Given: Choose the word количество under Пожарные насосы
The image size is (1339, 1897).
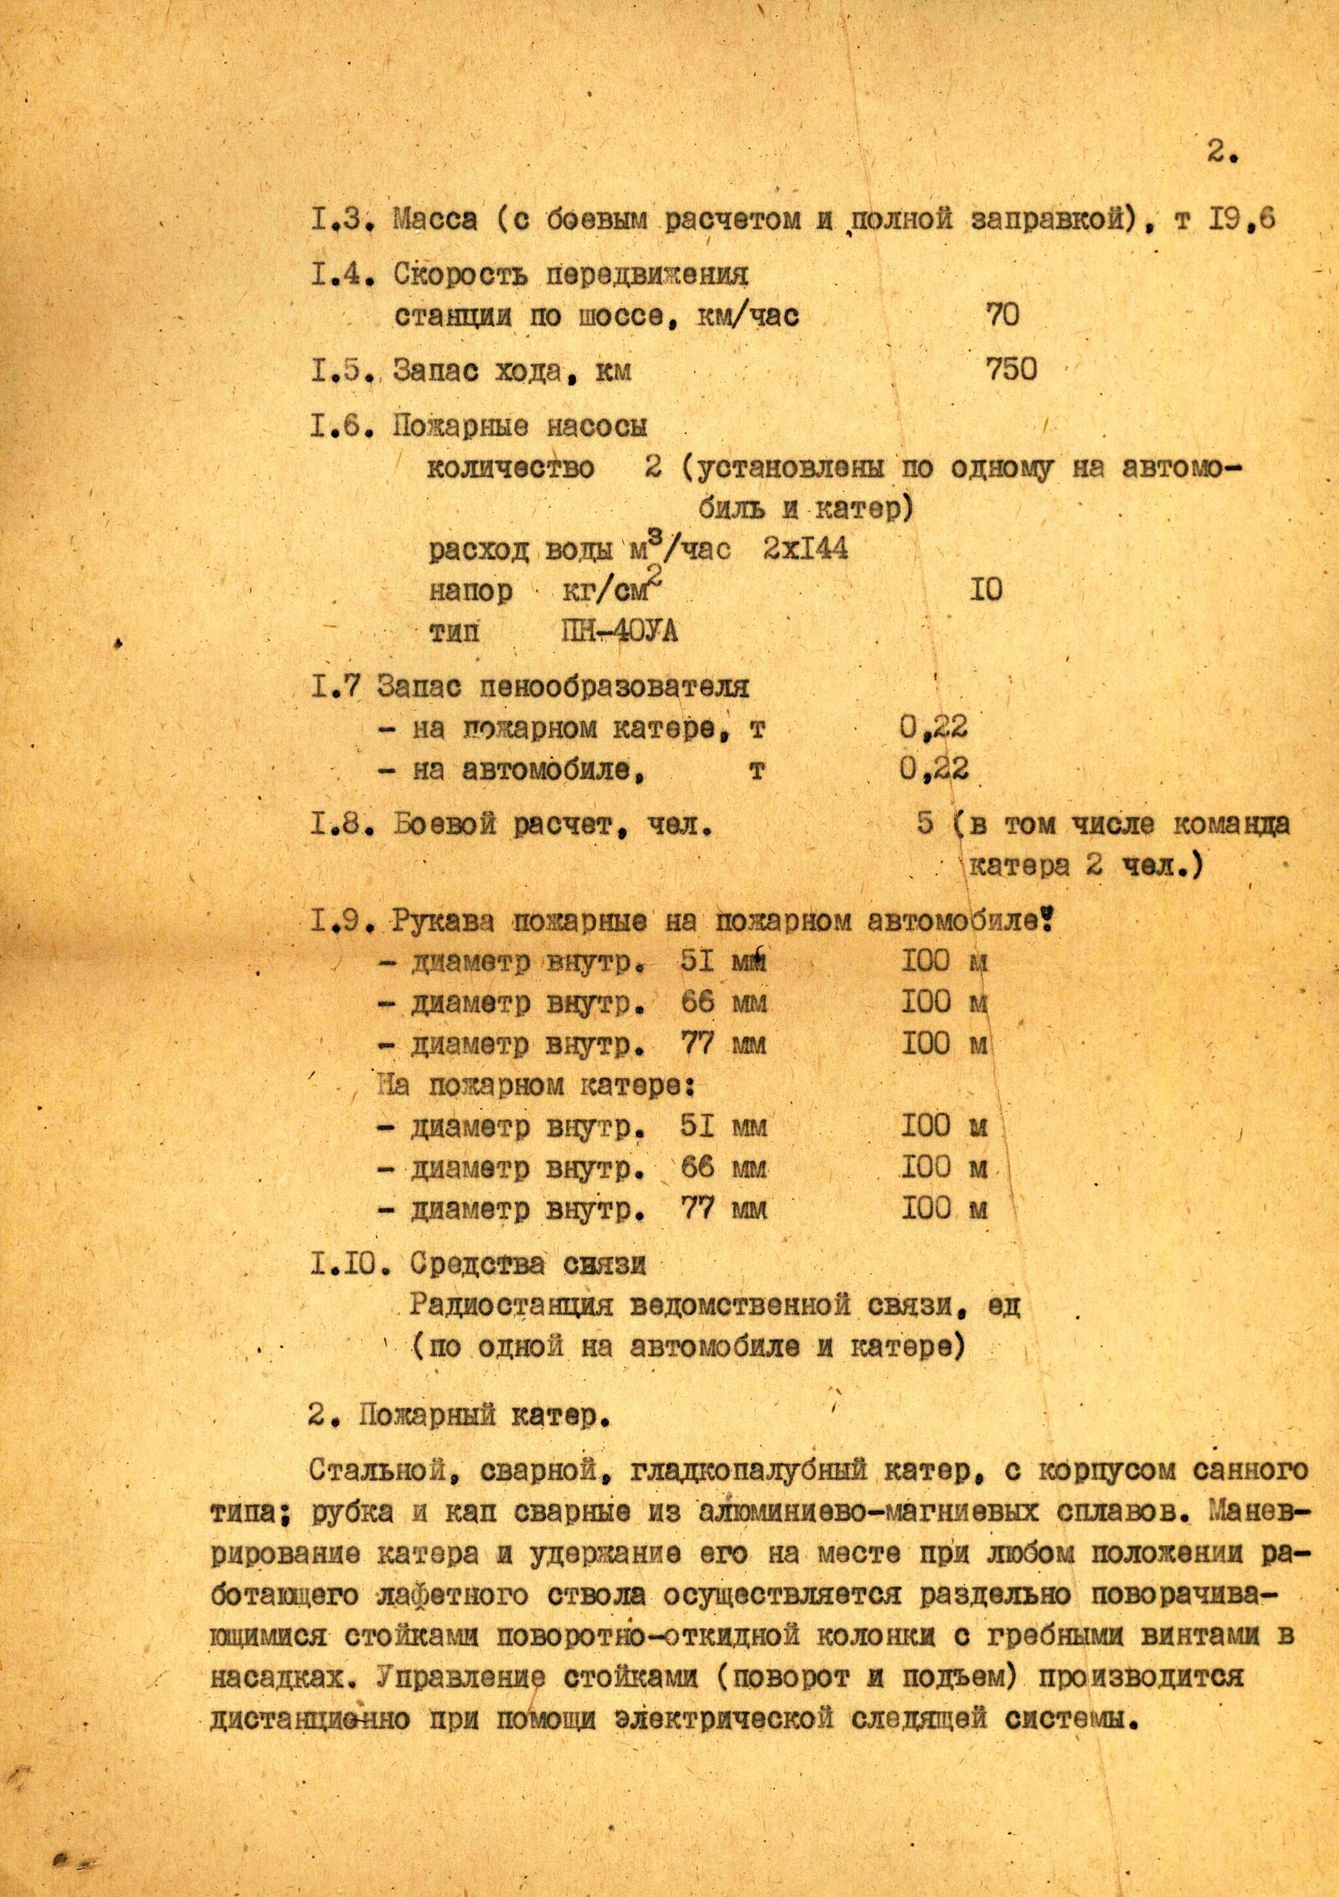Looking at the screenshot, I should [x=511, y=468].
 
